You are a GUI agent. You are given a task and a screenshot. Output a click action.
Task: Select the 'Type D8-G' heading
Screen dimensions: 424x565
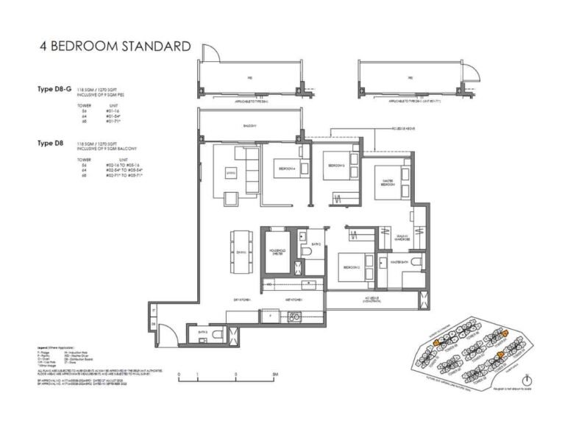54,89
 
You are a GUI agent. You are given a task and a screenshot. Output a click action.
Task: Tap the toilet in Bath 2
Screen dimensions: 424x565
309,252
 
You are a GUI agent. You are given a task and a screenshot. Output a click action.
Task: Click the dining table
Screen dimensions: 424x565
241,250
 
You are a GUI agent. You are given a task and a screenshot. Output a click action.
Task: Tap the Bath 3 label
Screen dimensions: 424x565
204,332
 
